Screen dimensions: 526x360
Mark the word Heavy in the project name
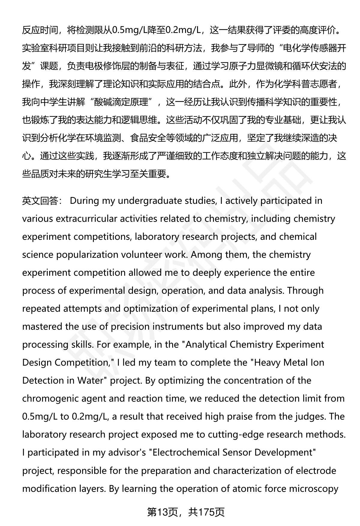(267, 362)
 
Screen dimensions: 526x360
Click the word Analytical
(206, 344)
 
